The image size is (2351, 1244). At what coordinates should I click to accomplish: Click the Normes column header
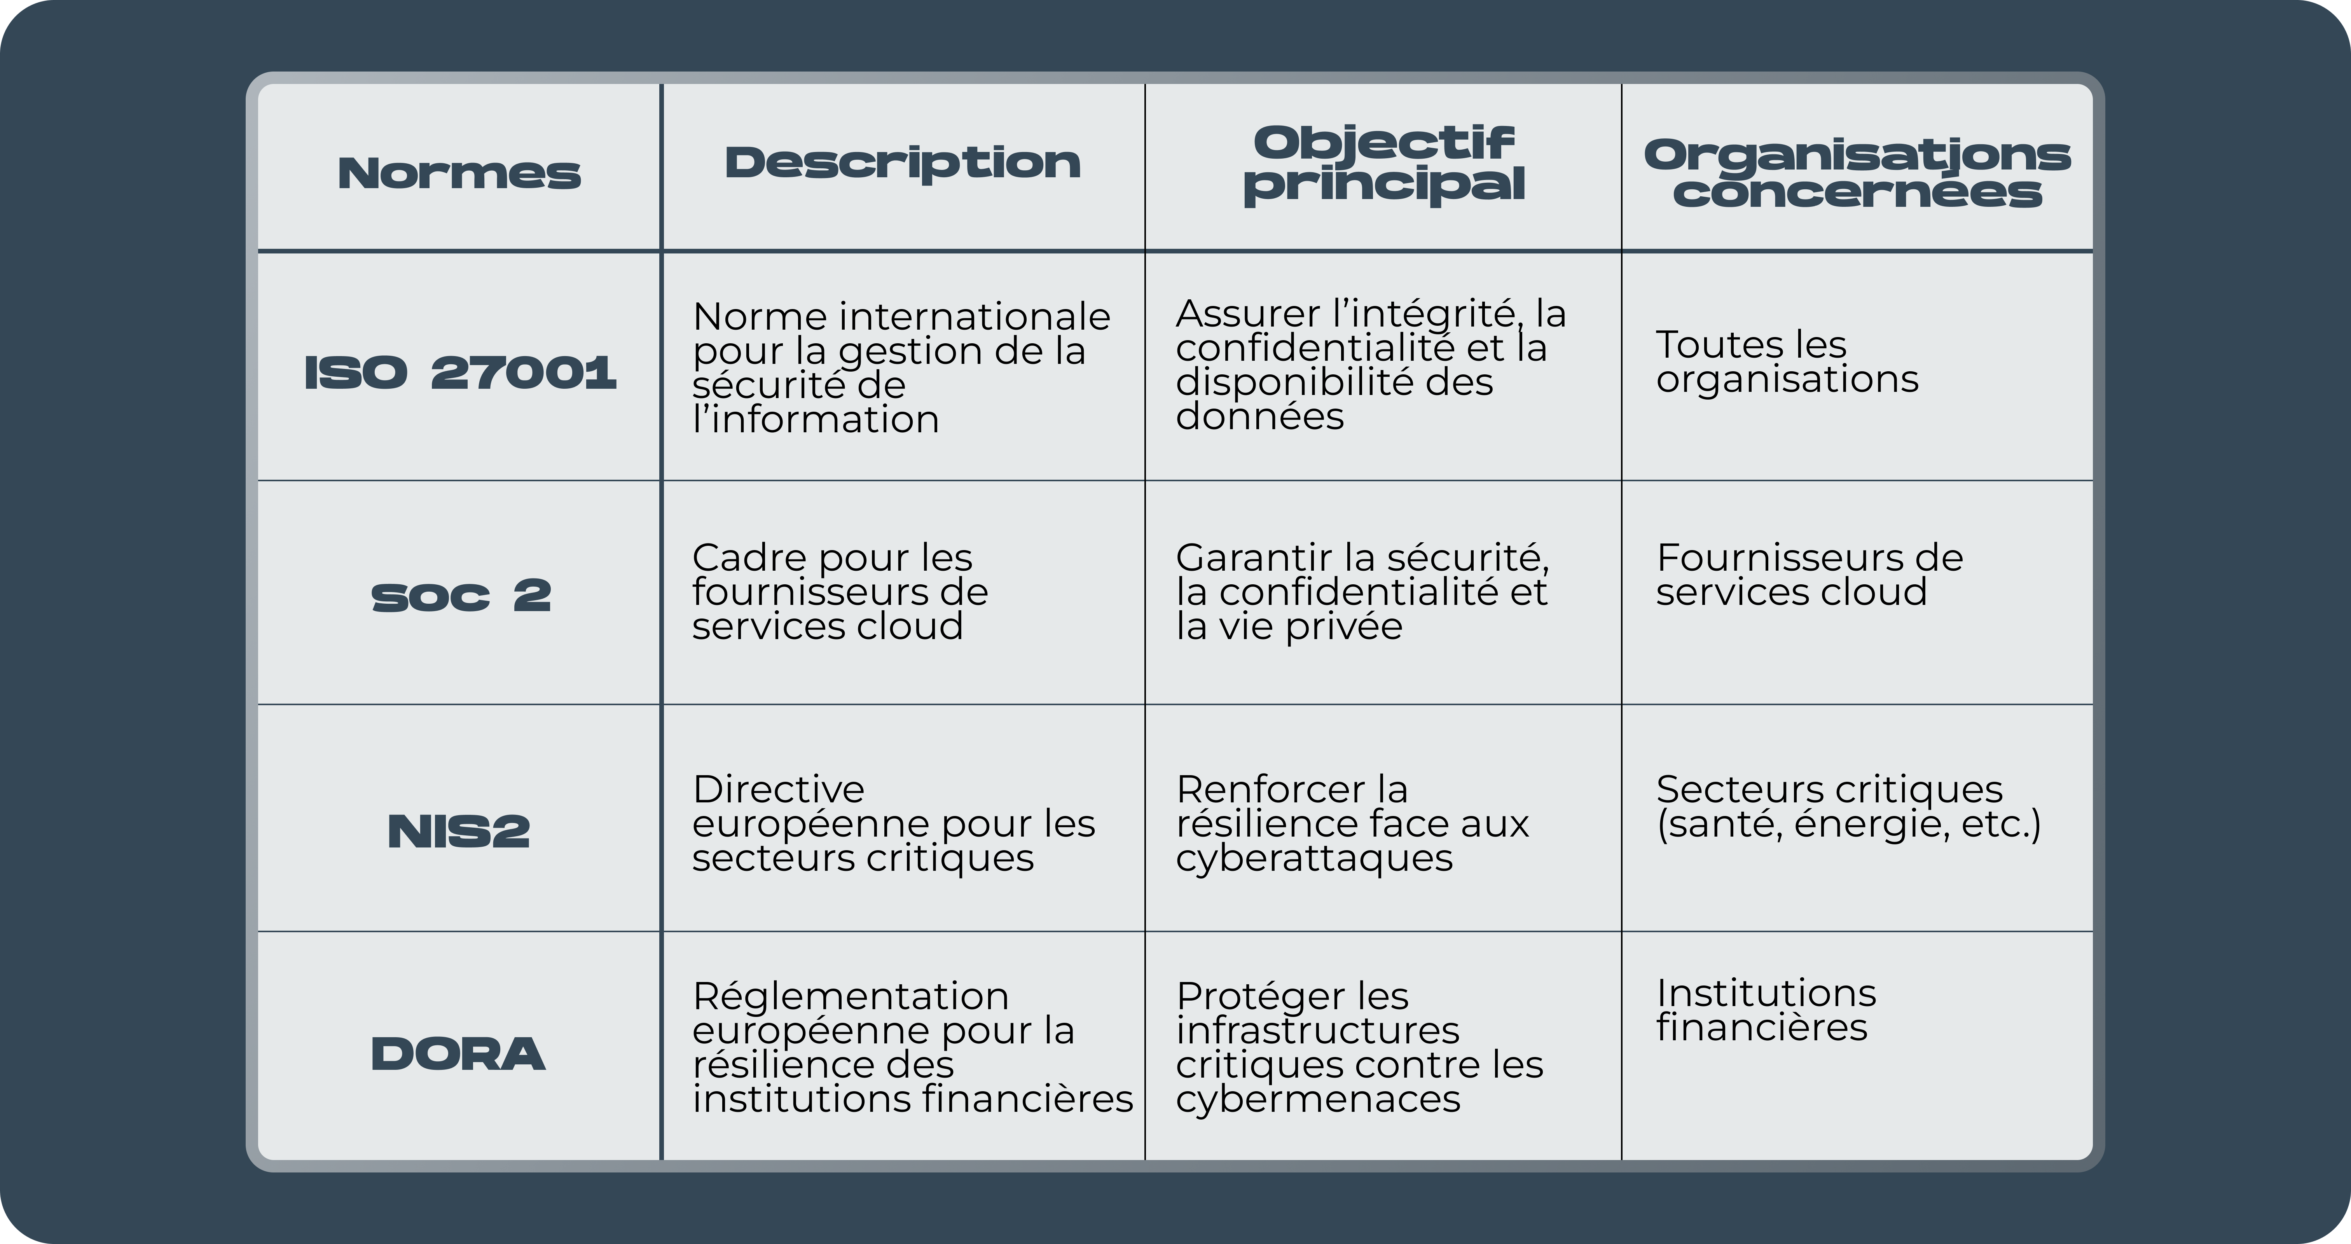[459, 173]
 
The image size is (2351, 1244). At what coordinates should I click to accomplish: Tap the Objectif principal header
[1383, 164]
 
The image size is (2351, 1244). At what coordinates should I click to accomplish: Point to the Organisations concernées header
[1857, 173]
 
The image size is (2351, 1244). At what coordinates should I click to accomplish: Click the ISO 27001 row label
[460, 372]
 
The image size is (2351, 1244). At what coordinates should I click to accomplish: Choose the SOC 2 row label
[461, 596]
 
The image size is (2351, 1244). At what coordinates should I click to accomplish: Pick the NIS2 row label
[459, 830]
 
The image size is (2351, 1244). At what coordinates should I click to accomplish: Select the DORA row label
[458, 1054]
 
